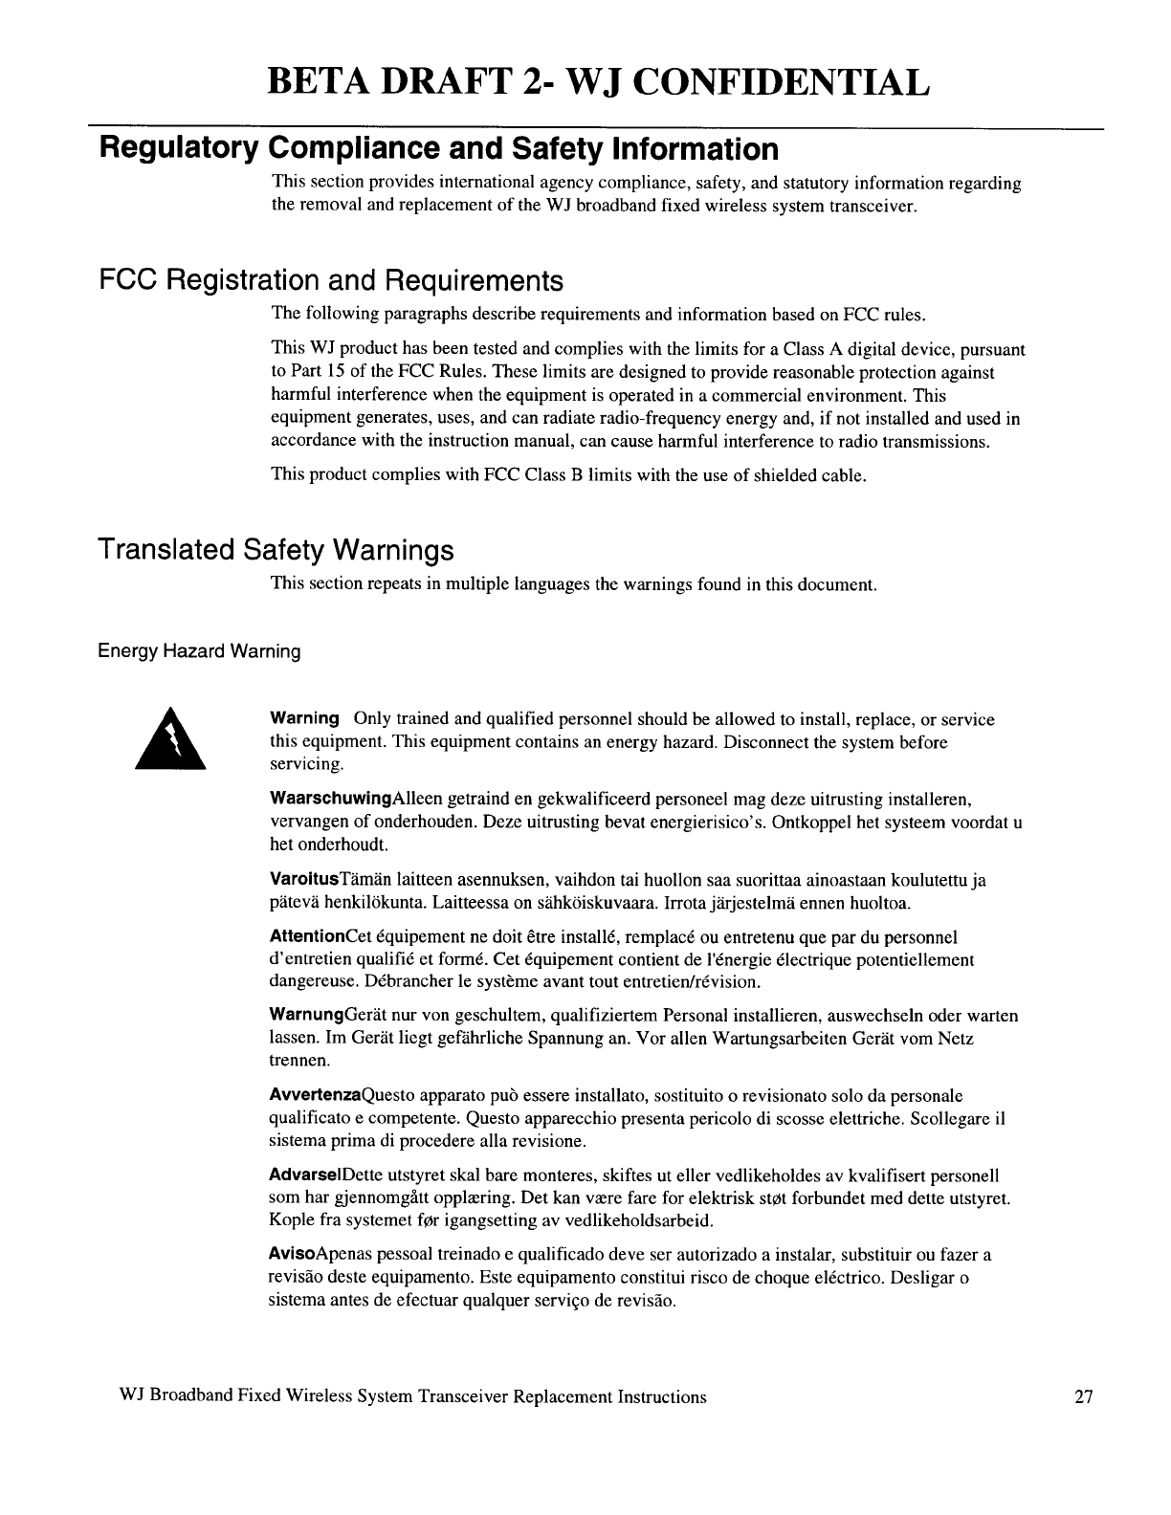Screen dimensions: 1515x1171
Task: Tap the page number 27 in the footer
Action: click(1083, 1397)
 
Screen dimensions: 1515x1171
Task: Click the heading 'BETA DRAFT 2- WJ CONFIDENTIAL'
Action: click(598, 83)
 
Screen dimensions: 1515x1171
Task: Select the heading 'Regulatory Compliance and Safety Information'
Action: click(439, 149)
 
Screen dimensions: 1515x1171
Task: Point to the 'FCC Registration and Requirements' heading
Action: click(331, 281)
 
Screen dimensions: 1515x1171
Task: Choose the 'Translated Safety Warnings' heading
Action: click(276, 550)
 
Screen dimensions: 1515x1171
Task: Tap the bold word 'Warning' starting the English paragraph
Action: click(305, 718)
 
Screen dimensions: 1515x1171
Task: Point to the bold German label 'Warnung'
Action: click(305, 1016)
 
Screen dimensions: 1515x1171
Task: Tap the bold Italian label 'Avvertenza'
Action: click(311, 1095)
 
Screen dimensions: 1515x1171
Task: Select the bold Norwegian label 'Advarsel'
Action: click(305, 1175)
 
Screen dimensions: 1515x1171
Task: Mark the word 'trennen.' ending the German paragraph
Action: click(298, 1062)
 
